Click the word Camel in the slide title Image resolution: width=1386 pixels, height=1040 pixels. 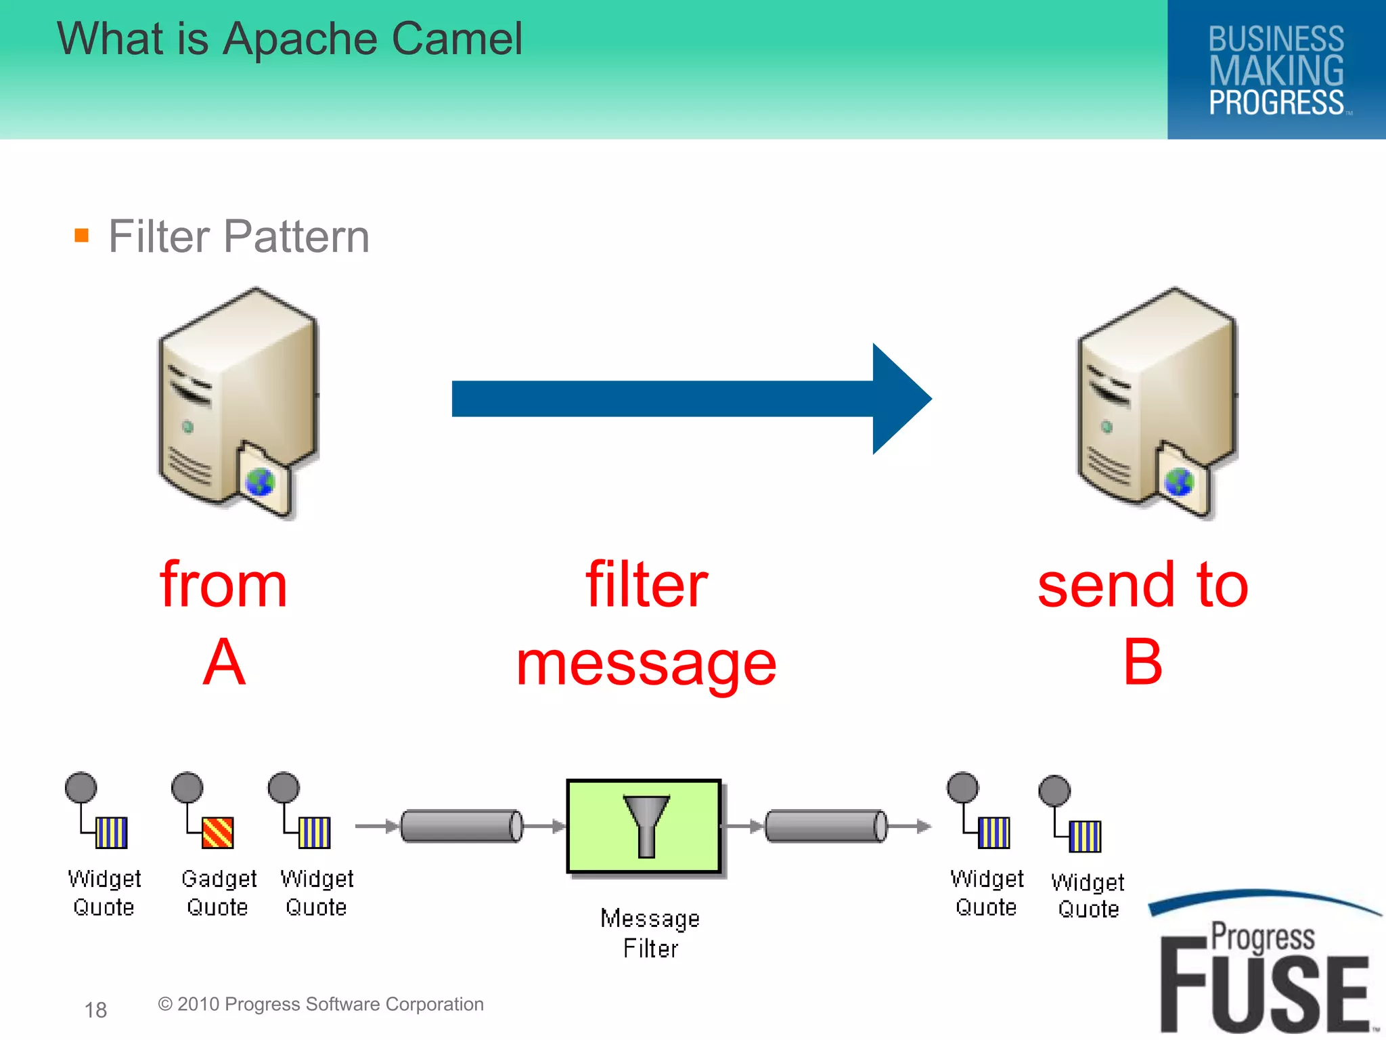[x=457, y=39]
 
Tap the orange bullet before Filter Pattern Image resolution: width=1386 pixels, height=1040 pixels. [x=82, y=236]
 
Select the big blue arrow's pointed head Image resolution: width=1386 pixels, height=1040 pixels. [x=900, y=399]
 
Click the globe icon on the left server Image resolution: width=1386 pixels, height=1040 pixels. [x=260, y=482]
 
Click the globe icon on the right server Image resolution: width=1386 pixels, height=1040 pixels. [x=1178, y=482]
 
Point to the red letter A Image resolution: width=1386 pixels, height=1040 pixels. [x=224, y=663]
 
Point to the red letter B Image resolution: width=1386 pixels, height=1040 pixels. [x=1142, y=663]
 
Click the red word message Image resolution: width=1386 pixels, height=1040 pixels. [x=646, y=666]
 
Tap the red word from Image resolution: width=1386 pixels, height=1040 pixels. [x=224, y=585]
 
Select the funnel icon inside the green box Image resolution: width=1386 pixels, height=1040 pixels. [x=646, y=825]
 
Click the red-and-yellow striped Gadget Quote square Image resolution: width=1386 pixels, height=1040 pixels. [x=218, y=833]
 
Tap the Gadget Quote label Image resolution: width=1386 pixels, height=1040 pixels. [x=219, y=892]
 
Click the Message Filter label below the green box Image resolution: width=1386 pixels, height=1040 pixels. [x=650, y=933]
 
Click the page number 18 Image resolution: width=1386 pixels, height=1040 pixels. [x=95, y=1010]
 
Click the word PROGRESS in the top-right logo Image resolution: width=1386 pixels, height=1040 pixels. [x=1276, y=103]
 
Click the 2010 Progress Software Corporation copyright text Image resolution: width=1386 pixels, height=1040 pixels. [x=321, y=1004]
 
